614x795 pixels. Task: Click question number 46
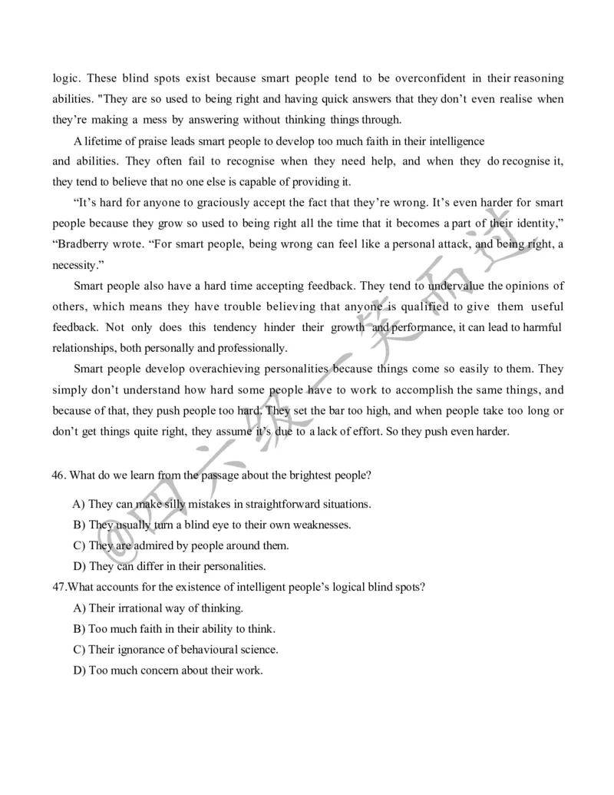point(59,475)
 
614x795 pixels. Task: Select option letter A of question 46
point(78,505)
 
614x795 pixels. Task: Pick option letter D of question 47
point(78,671)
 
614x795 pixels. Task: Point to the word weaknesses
point(318,525)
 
